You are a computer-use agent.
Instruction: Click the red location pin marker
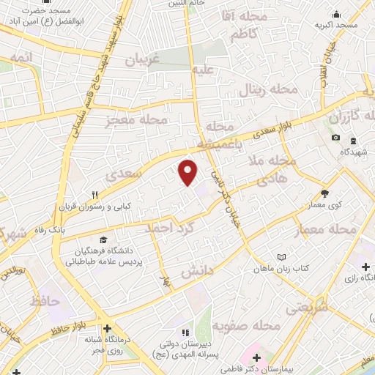(188, 171)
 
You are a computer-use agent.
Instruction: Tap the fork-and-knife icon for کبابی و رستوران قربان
(94, 195)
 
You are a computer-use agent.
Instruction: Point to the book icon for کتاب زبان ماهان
(283, 256)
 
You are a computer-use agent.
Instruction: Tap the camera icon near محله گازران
(335, 138)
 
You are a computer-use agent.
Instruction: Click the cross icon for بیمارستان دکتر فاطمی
(256, 357)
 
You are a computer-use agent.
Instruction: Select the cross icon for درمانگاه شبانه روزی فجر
(108, 328)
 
